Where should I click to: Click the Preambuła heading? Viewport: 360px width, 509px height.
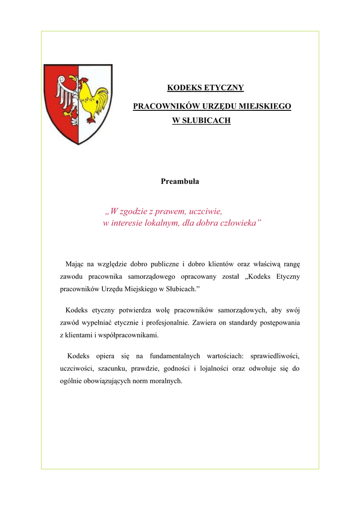(x=180, y=181)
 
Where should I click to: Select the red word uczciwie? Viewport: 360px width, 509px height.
(x=202, y=211)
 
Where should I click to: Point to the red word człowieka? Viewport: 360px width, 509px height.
(x=237, y=223)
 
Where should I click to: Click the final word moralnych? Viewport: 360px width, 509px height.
(x=167, y=381)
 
